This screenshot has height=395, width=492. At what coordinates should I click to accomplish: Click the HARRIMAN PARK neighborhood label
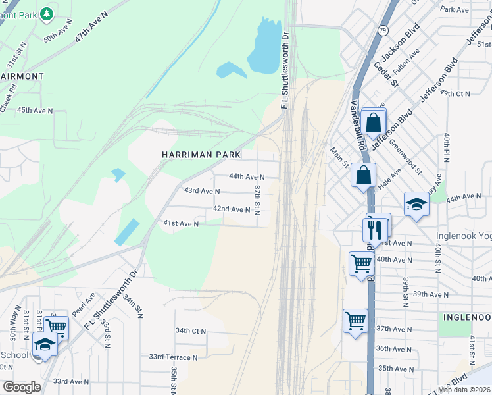[201, 154]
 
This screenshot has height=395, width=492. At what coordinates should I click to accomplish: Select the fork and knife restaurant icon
[373, 229]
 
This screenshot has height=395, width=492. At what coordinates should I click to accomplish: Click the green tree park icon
[47, 13]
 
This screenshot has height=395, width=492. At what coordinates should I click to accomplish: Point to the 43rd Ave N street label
[201, 191]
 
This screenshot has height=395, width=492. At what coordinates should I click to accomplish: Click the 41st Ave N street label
[181, 224]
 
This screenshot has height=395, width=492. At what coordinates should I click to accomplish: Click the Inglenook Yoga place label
[463, 236]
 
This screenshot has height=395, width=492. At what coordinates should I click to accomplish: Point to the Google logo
[22, 386]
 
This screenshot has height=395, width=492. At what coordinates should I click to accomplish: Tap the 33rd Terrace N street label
[173, 357]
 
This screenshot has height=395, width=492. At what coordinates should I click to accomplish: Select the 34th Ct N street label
[191, 330]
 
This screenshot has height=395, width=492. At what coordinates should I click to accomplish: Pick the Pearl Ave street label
[84, 303]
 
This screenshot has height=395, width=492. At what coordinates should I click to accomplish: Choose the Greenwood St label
[405, 156]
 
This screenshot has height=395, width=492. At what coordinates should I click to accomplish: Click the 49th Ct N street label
[454, 93]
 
